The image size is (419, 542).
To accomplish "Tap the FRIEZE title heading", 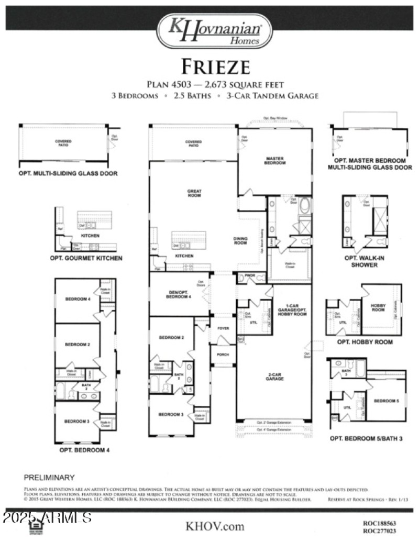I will click(x=215, y=67).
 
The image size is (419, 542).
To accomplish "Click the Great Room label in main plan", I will click(x=194, y=193).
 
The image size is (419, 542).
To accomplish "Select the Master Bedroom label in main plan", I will click(x=275, y=161).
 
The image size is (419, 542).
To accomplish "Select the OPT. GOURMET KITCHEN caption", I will click(x=86, y=258).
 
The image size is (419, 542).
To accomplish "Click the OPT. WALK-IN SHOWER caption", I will click(x=365, y=261).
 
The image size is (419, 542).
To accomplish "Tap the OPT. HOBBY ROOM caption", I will click(x=365, y=342).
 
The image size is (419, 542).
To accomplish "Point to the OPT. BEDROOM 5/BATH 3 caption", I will click(x=366, y=438).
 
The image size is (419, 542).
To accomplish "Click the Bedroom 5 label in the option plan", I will click(x=387, y=401).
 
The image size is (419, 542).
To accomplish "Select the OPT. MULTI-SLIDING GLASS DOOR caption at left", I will click(x=69, y=173).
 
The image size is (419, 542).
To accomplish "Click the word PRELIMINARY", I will click(x=49, y=478).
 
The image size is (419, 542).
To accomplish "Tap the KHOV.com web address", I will click(x=215, y=526).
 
